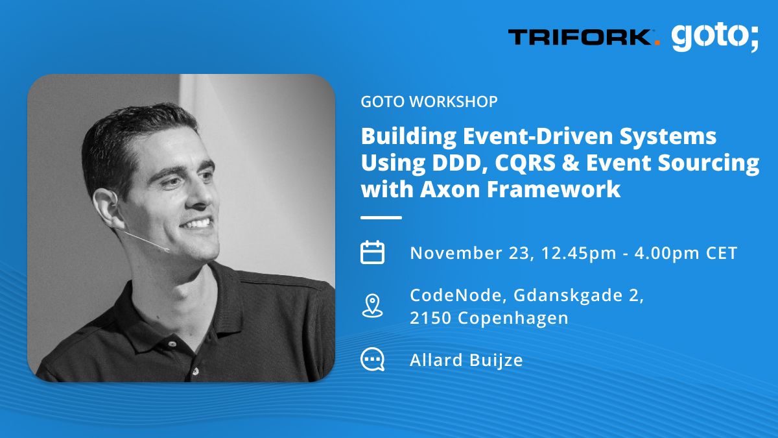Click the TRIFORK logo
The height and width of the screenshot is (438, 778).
click(x=584, y=37)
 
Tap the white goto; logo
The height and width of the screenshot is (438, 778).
click(x=715, y=37)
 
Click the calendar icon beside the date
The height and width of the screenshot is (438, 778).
click(x=372, y=252)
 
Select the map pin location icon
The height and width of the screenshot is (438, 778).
click(x=372, y=306)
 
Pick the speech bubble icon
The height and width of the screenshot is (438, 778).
click(x=372, y=359)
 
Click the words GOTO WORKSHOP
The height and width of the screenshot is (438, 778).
click(x=429, y=101)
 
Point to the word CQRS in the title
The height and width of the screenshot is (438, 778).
click(x=525, y=163)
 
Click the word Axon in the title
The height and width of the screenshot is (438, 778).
click(x=450, y=189)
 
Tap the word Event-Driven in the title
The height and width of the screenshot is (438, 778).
click(x=537, y=136)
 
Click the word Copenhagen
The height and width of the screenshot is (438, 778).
click(x=513, y=319)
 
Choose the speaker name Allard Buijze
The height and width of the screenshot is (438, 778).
click(x=466, y=360)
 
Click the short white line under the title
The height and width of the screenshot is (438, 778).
click(x=381, y=217)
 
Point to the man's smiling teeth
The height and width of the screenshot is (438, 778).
click(x=196, y=223)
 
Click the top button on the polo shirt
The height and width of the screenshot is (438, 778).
click(x=172, y=344)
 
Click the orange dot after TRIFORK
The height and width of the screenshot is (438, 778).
click(x=657, y=43)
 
